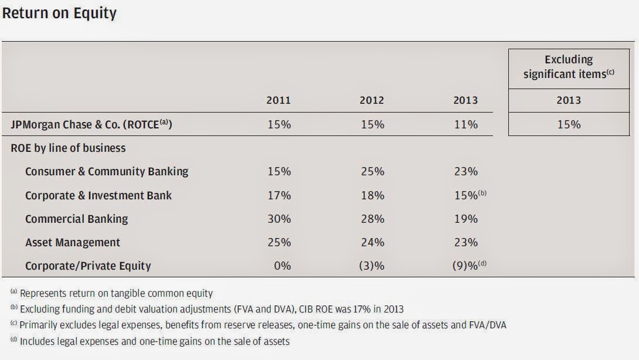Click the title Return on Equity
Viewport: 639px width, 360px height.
point(59,13)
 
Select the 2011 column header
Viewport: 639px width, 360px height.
point(279,100)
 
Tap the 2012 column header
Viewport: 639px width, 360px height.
point(372,100)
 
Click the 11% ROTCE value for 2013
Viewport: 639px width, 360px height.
point(465,124)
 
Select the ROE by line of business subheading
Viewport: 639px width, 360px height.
point(68,148)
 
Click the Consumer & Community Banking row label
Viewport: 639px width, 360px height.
point(107,172)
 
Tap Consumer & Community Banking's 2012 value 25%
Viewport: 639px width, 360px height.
point(372,172)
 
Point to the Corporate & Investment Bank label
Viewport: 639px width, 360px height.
point(98,195)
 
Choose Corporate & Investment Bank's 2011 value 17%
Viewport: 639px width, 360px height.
point(279,195)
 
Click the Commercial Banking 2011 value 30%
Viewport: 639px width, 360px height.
point(279,219)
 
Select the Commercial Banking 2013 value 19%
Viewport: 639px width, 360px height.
point(465,219)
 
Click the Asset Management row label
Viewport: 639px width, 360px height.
point(73,242)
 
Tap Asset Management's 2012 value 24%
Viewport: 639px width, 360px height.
point(372,242)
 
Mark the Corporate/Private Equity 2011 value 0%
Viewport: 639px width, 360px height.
point(282,266)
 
